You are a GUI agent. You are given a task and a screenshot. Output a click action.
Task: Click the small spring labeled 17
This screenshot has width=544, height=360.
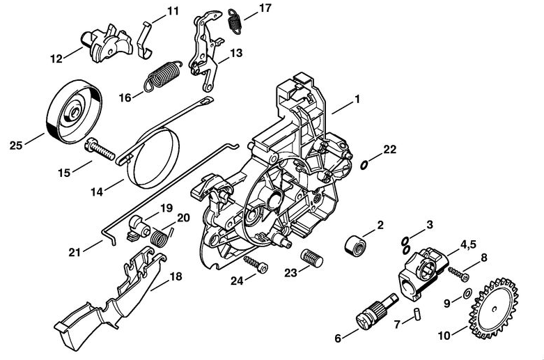237,19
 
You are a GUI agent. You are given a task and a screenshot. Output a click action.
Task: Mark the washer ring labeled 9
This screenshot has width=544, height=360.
465,290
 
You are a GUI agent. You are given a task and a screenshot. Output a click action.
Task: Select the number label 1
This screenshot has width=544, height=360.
357,100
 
